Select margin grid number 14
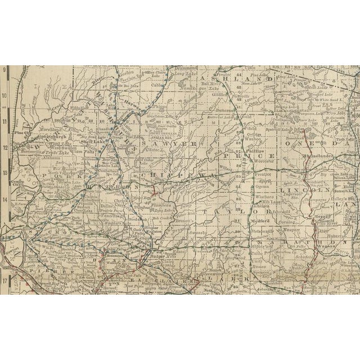point(5,199)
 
